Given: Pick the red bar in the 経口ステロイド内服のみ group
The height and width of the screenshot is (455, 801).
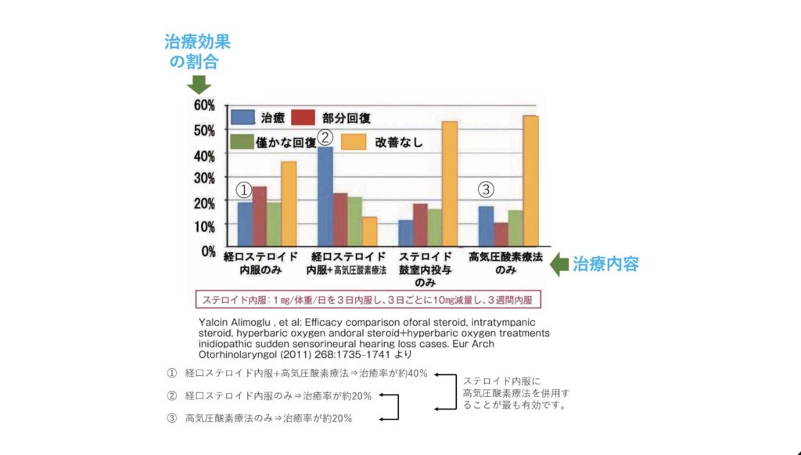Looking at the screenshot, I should pos(259,215).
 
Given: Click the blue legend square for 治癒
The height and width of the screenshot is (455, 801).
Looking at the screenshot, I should pos(242,117).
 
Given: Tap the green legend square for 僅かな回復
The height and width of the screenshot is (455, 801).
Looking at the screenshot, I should pos(242,141).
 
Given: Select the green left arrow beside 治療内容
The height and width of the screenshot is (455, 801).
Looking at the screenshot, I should pos(558,265).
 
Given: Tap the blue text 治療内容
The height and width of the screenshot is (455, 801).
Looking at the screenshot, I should pos(606,265).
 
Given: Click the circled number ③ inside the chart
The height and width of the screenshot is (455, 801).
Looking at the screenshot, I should pos(486,190).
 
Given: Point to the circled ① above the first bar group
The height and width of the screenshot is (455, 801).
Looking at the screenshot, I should pos(244,190).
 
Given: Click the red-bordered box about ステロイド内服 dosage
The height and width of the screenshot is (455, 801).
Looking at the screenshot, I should pos(368,299).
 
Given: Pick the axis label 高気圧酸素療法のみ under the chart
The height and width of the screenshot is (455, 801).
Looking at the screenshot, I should pos(505,262).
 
